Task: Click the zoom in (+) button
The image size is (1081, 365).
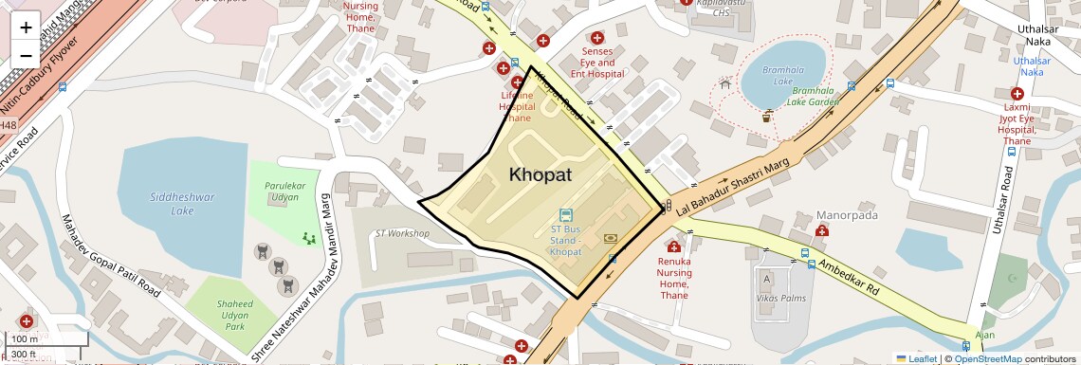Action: pos(26,27)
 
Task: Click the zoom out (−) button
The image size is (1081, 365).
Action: pos(26,55)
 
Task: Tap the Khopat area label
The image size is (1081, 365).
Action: pos(540,174)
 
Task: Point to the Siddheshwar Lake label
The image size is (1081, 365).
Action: pos(183,204)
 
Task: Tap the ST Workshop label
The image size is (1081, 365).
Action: pos(402,233)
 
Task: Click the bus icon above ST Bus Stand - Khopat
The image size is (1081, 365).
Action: pos(566,215)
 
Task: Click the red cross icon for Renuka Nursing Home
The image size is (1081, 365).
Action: pos(674,247)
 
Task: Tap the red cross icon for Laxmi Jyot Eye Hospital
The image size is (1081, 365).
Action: pos(1017,94)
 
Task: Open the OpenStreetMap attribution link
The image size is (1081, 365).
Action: pos(987,358)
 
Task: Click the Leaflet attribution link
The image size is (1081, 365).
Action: pos(916,358)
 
